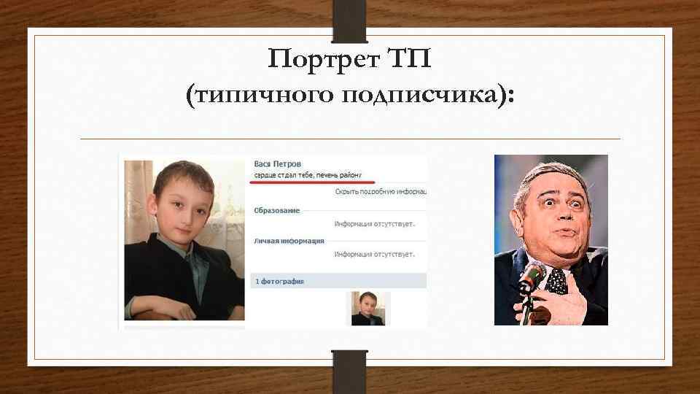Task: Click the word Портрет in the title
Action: tap(321, 58)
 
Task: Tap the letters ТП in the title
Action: tap(408, 58)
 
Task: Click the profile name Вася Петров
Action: tap(278, 164)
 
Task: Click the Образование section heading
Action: tap(277, 211)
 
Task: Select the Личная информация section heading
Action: tap(289, 240)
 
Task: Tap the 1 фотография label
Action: tap(279, 280)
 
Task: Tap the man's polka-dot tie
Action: tap(558, 281)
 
